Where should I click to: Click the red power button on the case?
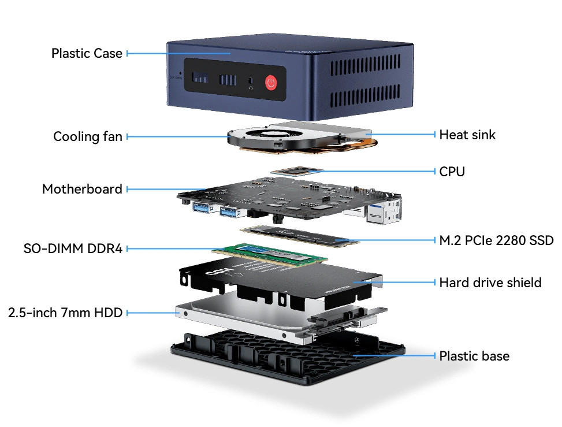point(272,83)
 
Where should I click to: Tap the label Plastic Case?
point(87,53)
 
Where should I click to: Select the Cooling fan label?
point(88,136)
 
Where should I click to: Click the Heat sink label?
point(467,135)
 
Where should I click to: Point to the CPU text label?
point(452,171)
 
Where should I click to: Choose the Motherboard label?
point(82,189)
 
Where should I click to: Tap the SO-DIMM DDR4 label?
point(73,248)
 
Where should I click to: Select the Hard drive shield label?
point(490,282)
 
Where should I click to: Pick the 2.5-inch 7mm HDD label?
point(65,313)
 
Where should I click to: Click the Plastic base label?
point(474,355)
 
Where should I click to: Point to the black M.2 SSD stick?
point(301,234)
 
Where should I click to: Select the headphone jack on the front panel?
point(251,81)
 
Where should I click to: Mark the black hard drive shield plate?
point(277,277)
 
